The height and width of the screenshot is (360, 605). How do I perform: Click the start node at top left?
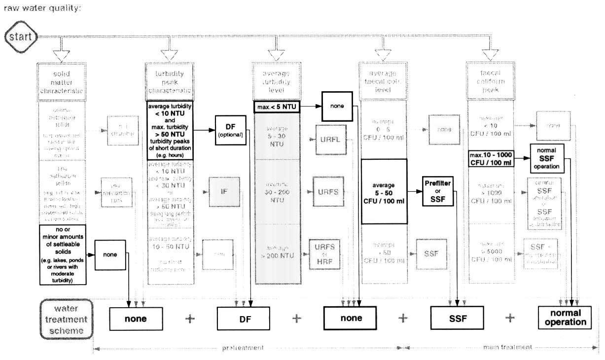(x=20, y=36)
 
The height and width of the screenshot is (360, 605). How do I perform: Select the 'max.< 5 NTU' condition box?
(x=277, y=106)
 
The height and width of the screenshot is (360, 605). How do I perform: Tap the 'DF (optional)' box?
(x=230, y=130)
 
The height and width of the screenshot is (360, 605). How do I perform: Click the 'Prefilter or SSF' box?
(x=438, y=190)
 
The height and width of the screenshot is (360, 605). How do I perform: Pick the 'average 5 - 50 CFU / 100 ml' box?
(x=384, y=192)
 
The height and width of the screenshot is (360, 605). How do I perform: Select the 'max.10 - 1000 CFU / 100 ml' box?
(x=491, y=159)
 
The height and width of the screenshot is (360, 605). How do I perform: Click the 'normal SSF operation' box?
(x=546, y=158)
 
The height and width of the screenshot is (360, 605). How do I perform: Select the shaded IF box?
(x=223, y=192)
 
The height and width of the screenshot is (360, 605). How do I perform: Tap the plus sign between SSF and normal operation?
(x=510, y=318)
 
